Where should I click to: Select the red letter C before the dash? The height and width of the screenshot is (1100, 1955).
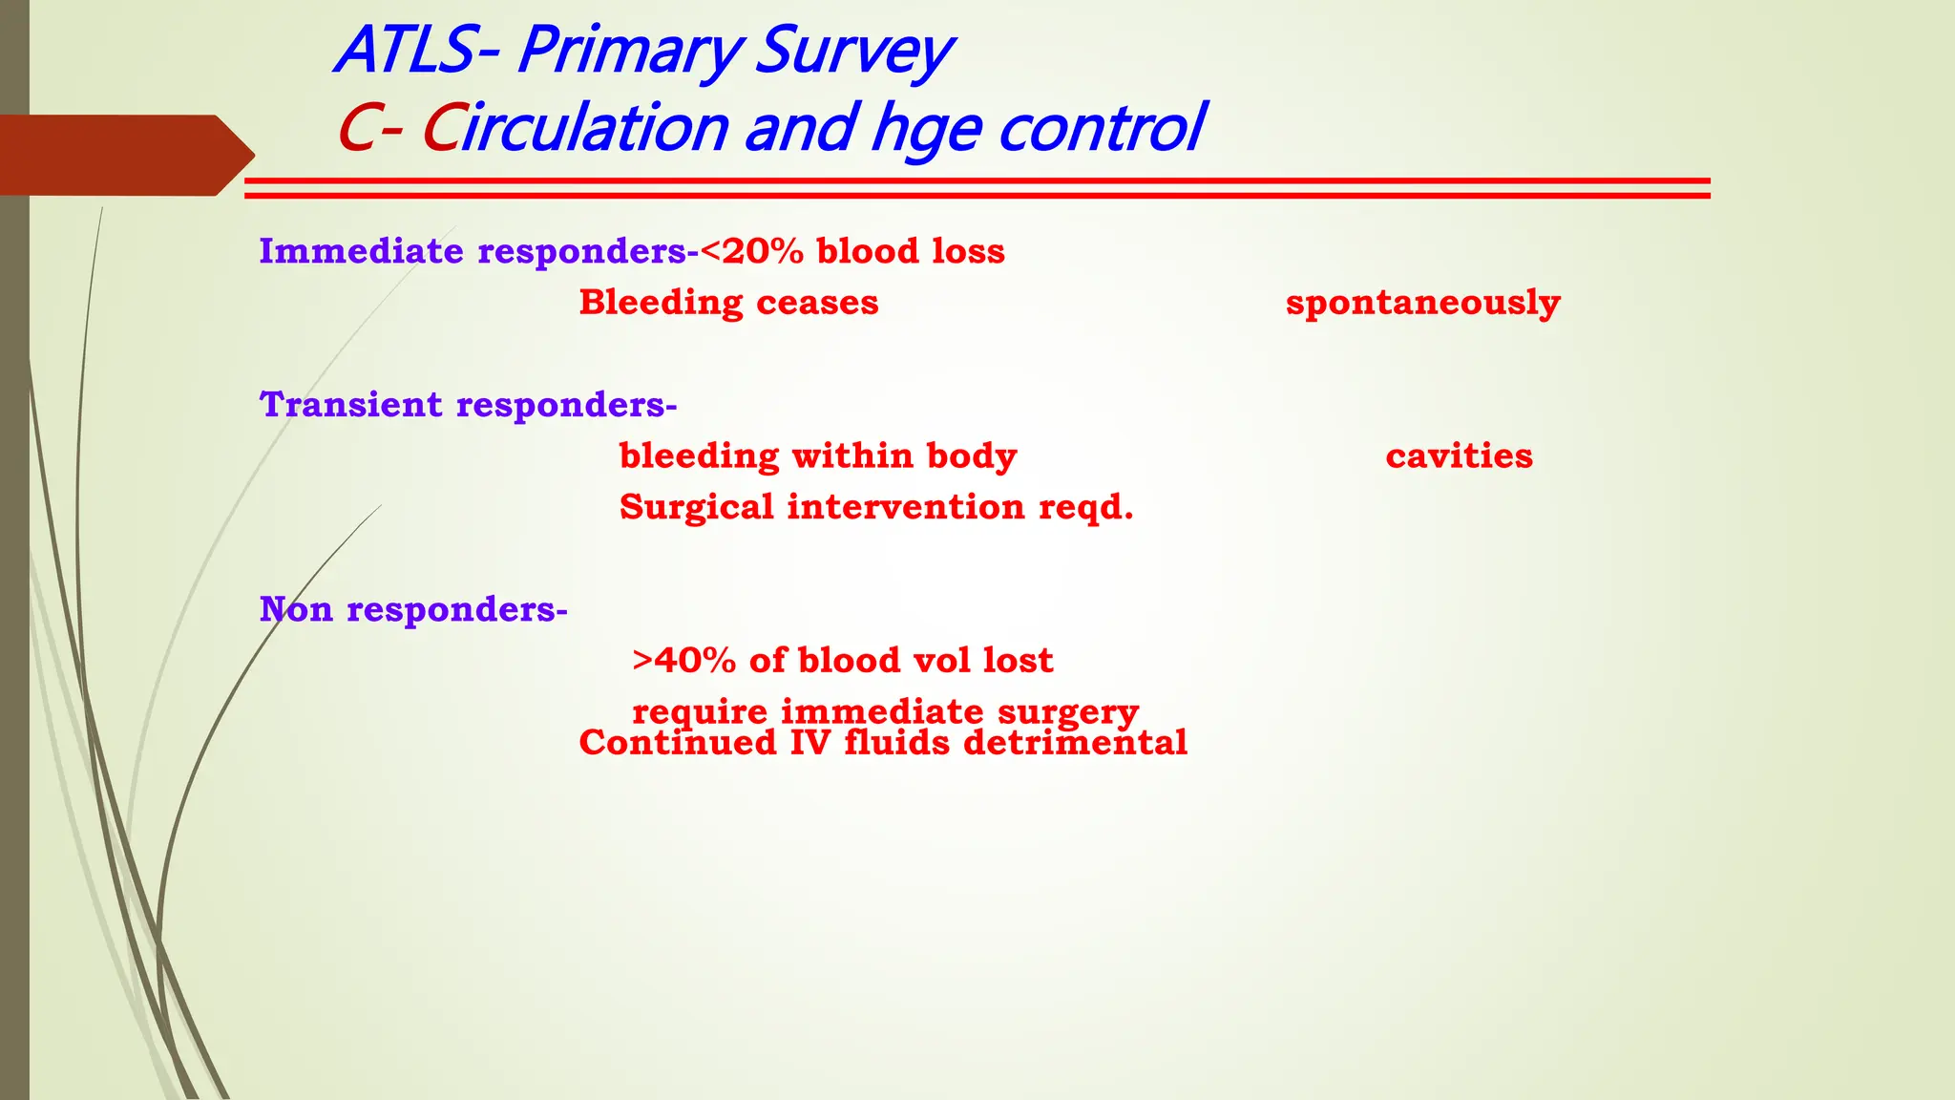355,128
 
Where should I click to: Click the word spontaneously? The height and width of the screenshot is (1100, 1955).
1422,304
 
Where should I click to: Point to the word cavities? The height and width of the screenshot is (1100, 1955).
1459,456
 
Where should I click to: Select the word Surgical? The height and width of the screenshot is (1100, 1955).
696,507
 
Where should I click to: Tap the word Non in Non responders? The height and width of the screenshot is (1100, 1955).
296,609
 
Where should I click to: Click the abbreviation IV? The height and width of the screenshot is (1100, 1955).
810,744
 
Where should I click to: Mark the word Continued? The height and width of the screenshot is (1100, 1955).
678,744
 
